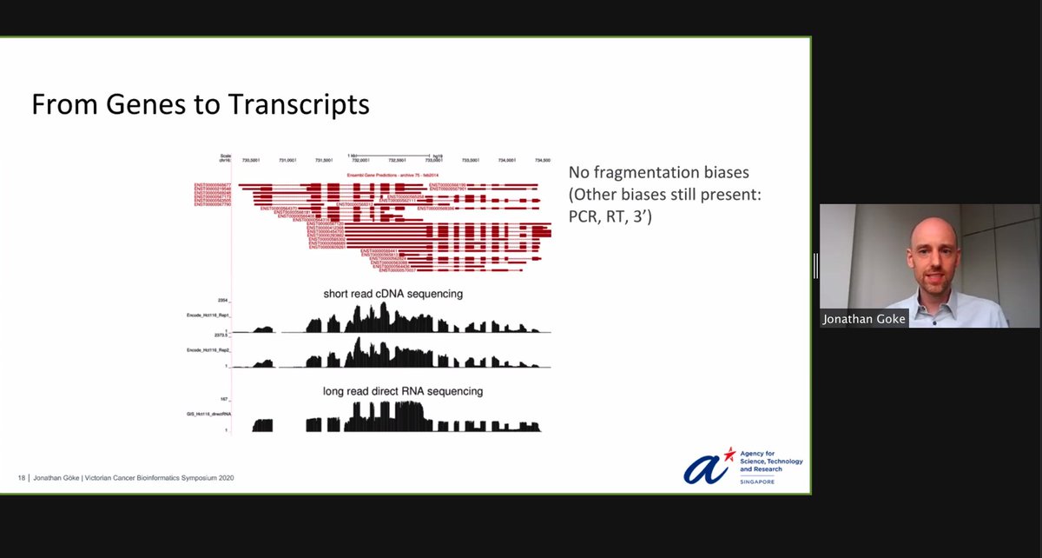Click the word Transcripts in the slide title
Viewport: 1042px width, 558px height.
[x=299, y=105]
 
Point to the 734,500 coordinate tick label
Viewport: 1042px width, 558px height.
[x=543, y=161]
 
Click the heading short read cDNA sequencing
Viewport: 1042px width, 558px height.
[x=392, y=294]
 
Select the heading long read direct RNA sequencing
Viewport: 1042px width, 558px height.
[x=403, y=391]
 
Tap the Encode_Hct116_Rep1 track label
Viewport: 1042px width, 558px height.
[x=208, y=314]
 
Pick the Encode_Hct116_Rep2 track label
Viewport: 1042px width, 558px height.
[x=208, y=349]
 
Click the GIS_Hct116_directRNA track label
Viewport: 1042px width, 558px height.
[x=208, y=415]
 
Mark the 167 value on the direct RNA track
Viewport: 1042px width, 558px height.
[x=224, y=399]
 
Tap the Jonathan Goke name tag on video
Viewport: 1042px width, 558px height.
[x=864, y=319]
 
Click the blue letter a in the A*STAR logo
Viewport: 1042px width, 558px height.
[x=702, y=468]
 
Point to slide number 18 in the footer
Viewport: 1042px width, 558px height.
[x=22, y=478]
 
